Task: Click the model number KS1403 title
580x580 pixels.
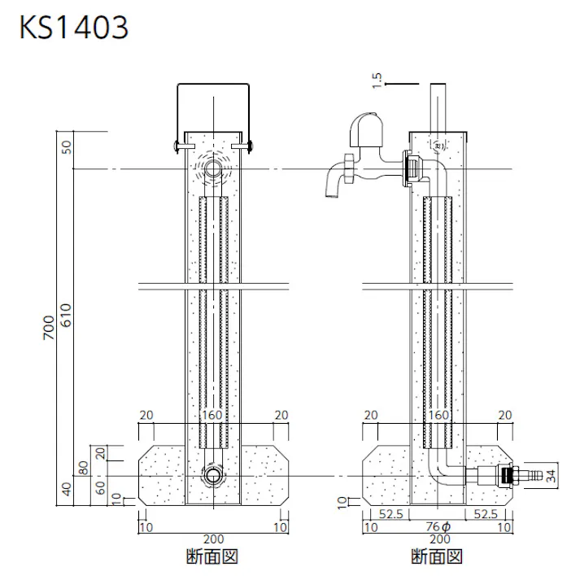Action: [x=73, y=28]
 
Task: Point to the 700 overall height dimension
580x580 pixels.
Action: [x=48, y=327]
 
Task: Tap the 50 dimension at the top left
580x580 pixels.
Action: [x=68, y=147]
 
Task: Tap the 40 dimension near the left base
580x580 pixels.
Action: [x=68, y=490]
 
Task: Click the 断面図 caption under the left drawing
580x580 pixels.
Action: [x=214, y=557]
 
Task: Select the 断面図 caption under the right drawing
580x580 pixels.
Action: [x=438, y=557]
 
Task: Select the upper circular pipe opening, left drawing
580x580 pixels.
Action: [x=214, y=169]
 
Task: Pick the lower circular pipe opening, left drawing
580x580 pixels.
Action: [x=214, y=477]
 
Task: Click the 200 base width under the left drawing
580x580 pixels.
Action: [x=214, y=539]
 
